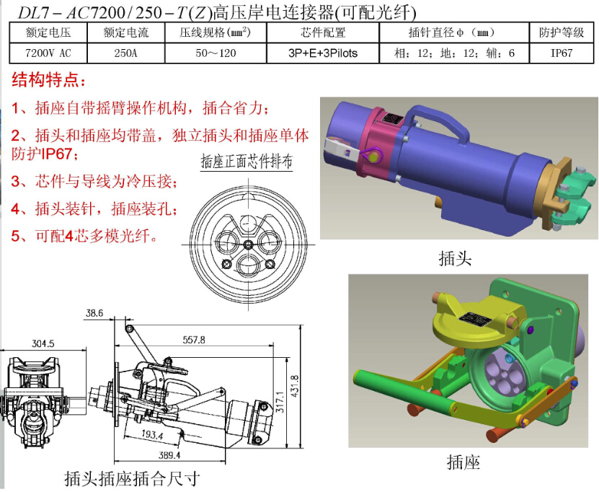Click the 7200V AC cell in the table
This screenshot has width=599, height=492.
(x=48, y=53)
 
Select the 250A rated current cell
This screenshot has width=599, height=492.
(x=125, y=53)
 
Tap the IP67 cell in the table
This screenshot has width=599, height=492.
(x=562, y=53)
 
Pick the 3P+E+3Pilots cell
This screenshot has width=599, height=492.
(x=323, y=53)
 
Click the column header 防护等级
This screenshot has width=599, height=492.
(x=562, y=32)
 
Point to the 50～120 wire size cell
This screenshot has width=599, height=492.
(x=216, y=53)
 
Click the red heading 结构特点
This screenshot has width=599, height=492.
(x=48, y=80)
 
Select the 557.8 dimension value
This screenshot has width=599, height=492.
(x=194, y=340)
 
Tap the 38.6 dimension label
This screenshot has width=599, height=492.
(x=94, y=313)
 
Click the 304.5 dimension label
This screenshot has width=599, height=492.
(x=43, y=343)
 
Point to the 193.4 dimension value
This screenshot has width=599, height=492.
(x=152, y=434)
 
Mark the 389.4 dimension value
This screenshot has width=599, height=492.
(x=169, y=455)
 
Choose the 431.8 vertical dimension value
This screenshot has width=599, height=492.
(x=295, y=386)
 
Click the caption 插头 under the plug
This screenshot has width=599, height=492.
(x=455, y=258)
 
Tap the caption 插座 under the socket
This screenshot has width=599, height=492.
(x=463, y=462)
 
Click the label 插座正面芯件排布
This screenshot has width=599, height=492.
(x=247, y=162)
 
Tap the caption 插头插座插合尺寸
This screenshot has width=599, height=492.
(x=132, y=478)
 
